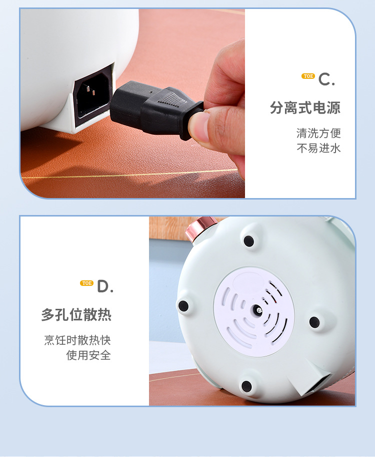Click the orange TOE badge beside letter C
click(308, 76)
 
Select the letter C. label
click(326, 79)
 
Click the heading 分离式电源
click(305, 108)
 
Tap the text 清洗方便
click(318, 133)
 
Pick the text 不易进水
click(318, 148)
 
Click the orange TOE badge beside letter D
click(86, 283)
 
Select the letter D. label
click(105, 286)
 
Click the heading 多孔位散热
click(76, 315)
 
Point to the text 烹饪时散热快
click(77, 340)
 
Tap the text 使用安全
click(88, 355)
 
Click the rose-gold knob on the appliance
click(197, 229)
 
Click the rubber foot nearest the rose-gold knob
click(248, 241)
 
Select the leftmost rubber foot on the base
click(183, 306)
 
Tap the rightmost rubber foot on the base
click(314, 322)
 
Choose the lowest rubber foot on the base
click(246, 386)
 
